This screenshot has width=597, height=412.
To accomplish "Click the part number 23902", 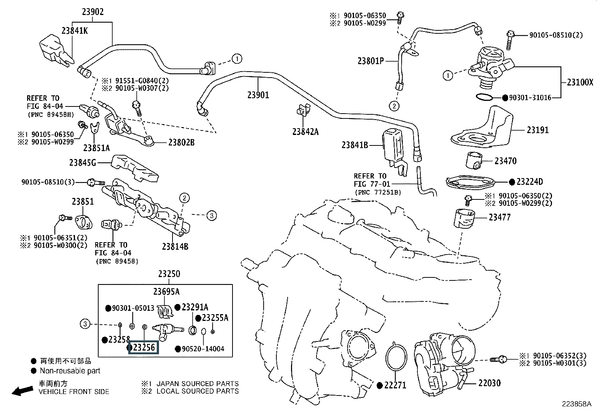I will pyautogui.click(x=93, y=12).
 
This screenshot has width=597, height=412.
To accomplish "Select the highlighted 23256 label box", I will pyautogui.click(x=144, y=347).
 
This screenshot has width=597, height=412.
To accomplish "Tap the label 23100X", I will pyautogui.click(x=580, y=82).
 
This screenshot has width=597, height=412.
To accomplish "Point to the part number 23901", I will pyautogui.click(x=258, y=95).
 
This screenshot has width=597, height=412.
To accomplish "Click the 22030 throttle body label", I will pyautogui.click(x=489, y=383).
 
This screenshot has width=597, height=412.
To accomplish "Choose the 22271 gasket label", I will pyautogui.click(x=395, y=385).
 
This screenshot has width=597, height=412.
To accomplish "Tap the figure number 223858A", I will pyautogui.click(x=576, y=404).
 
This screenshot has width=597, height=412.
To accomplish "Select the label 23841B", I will pyautogui.click(x=355, y=145).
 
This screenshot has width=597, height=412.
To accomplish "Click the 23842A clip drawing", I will pyautogui.click(x=301, y=110).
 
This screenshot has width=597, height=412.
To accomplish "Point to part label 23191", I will pyautogui.click(x=537, y=130).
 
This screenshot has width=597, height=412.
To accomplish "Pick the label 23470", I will pyautogui.click(x=505, y=161).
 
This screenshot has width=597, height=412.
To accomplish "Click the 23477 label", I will pyautogui.click(x=499, y=217).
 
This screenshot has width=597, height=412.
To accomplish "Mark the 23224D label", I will pyautogui.click(x=529, y=182).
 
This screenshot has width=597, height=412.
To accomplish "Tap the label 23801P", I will pyautogui.click(x=370, y=61).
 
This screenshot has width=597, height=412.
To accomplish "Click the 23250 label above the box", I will pyautogui.click(x=169, y=274).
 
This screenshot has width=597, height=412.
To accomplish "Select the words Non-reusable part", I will pyautogui.click(x=70, y=371).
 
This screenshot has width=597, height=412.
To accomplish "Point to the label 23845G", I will pyautogui.click(x=82, y=163).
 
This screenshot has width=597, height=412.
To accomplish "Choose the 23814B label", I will pyautogui.click(x=175, y=246).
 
